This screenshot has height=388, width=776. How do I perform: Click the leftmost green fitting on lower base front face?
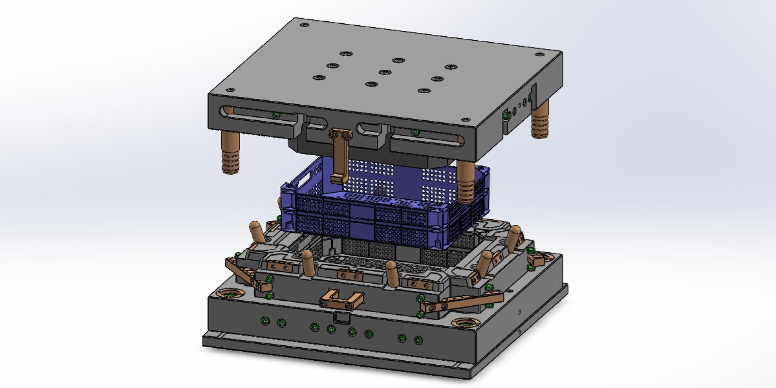coord(265,321)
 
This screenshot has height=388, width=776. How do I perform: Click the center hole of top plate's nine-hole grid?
coord(385,72)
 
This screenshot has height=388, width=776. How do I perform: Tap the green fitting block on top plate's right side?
coord(506,115)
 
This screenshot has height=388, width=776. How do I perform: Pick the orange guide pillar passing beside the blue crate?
coord(466,182)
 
